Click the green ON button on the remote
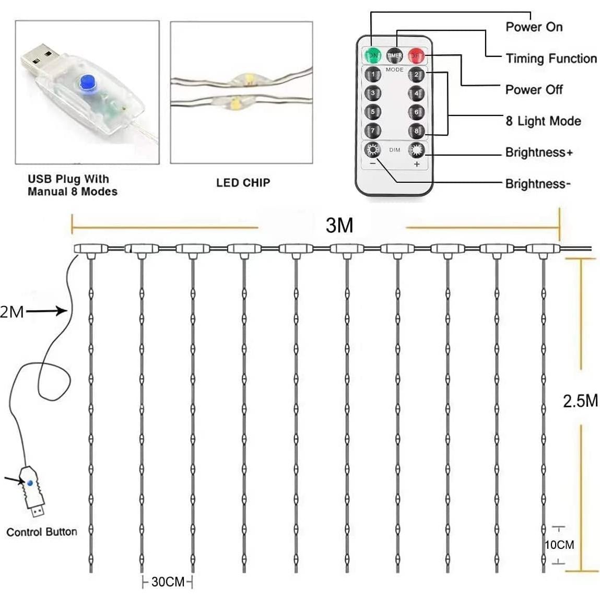[372, 55]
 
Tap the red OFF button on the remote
[416, 55]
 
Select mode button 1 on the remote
[372, 74]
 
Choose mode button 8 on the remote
[416, 131]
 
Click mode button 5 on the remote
[372, 112]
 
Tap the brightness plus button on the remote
[416, 151]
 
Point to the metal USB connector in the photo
[42, 55]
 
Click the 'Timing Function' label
[551, 58]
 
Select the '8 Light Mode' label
[543, 121]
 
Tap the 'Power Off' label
[534, 90]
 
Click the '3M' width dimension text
[339, 225]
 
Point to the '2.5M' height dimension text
[580, 401]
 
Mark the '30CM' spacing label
[168, 582]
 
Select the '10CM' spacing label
[559, 545]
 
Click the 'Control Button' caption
[42, 532]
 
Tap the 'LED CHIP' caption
[243, 183]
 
